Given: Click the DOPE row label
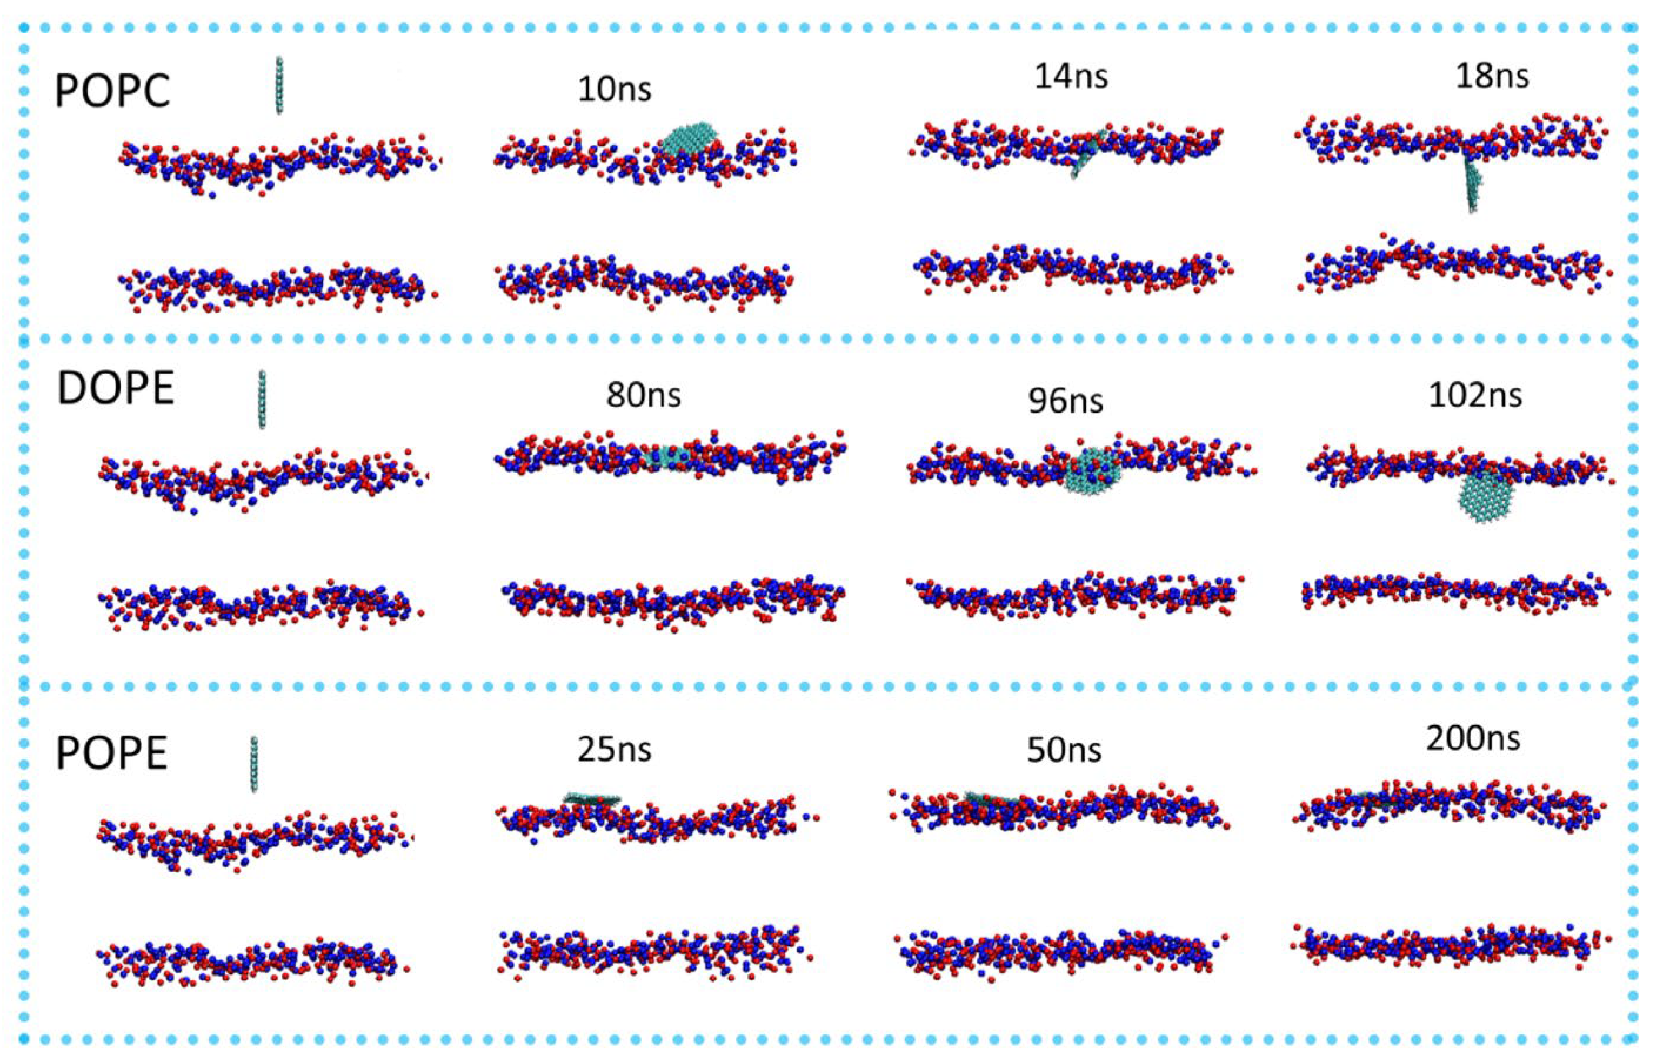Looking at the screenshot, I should [115, 389].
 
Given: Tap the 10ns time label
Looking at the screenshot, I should [614, 90].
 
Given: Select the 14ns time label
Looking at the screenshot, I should [1071, 76].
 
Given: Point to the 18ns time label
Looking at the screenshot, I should [1491, 76].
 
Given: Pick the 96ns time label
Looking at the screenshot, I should [1065, 401].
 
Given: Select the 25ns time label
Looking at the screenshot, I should [614, 749].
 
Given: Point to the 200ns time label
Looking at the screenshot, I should [1473, 739].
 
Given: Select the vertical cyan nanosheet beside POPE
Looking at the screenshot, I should [254, 763].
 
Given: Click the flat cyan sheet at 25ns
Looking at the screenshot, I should [592, 799].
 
